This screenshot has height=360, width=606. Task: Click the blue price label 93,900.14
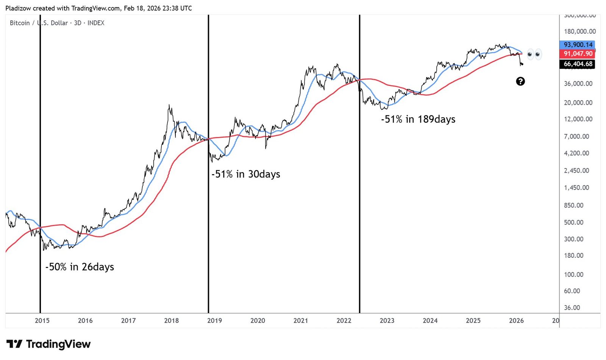tap(578, 45)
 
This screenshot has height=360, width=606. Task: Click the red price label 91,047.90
tap(578, 54)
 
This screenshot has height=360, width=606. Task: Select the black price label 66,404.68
tap(578, 64)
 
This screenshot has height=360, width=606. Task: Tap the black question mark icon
tap(520, 81)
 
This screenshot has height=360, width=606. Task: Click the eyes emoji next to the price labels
tap(534, 55)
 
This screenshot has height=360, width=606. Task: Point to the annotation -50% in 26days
tap(80, 267)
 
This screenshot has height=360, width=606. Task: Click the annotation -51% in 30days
tap(246, 174)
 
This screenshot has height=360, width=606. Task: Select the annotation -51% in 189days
tap(418, 119)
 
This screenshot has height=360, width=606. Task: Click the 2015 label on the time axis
tap(42, 321)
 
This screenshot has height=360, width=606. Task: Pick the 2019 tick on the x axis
tap(214, 321)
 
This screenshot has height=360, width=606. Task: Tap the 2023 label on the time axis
tap(387, 321)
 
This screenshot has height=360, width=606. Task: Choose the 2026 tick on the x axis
tap(516, 321)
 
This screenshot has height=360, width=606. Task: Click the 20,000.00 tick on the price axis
tap(578, 103)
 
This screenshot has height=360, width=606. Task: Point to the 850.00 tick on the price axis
tap(573, 205)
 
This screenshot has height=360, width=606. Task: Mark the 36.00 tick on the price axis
tap(572, 308)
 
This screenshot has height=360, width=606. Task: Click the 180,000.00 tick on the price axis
tap(579, 31)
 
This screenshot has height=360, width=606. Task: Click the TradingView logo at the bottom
tap(48, 344)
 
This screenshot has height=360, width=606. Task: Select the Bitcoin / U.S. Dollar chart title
tap(57, 23)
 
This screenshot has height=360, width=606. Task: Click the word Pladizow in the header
tap(18, 8)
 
